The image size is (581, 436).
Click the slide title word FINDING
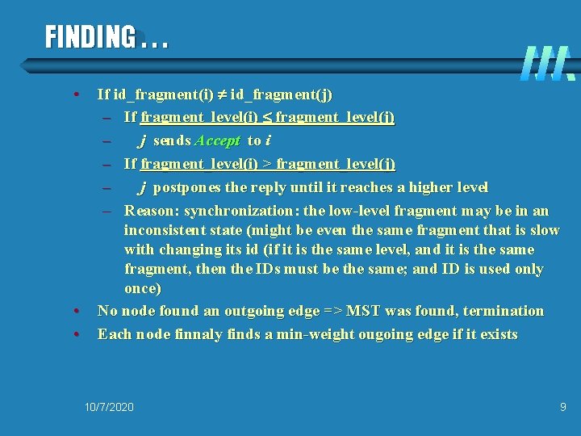pyautogui.click(x=90, y=36)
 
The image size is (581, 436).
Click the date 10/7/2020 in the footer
pyautogui.click(x=109, y=407)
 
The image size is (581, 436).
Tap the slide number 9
pyautogui.click(x=563, y=407)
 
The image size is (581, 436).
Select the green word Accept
pyautogui.click(x=218, y=140)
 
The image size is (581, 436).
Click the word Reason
pyautogui.click(x=151, y=211)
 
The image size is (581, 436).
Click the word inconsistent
pyautogui.click(x=162, y=230)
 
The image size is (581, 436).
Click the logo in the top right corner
pyautogui.click(x=547, y=63)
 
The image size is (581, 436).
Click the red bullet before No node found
pyautogui.click(x=74, y=311)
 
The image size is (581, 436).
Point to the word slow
pyautogui.click(x=544, y=230)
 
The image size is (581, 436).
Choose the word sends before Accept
pyautogui.click(x=172, y=140)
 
